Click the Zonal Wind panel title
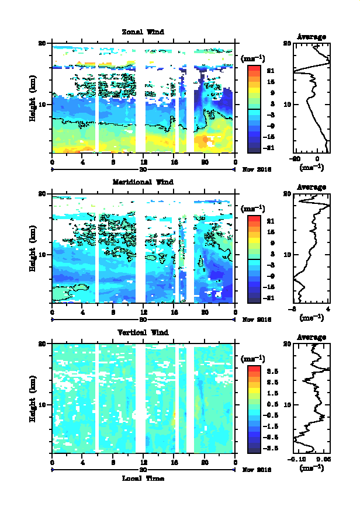(143, 32)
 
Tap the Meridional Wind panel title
(143, 182)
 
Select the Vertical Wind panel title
(143, 332)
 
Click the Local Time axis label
(143, 478)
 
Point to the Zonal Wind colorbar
(254, 109)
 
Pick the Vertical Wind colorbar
(254, 410)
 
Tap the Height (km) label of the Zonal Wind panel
(34, 99)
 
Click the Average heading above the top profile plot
(311, 37)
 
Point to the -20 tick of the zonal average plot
(296, 159)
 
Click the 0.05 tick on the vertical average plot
(321, 460)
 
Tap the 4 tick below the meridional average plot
(328, 309)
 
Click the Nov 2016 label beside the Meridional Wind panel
(257, 320)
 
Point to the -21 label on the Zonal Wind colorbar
(270, 148)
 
